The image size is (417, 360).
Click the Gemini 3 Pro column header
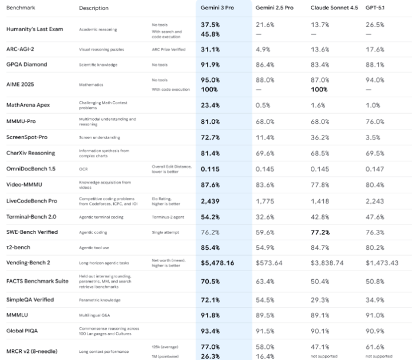218,8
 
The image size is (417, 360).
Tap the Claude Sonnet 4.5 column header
333,8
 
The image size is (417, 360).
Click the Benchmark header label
21,8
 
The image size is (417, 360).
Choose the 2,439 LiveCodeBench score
211,202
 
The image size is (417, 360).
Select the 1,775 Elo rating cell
265,202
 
